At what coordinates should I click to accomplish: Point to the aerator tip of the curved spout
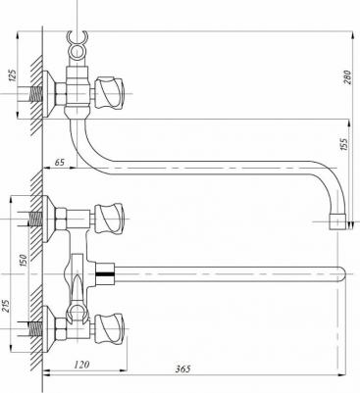click(x=340, y=218)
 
